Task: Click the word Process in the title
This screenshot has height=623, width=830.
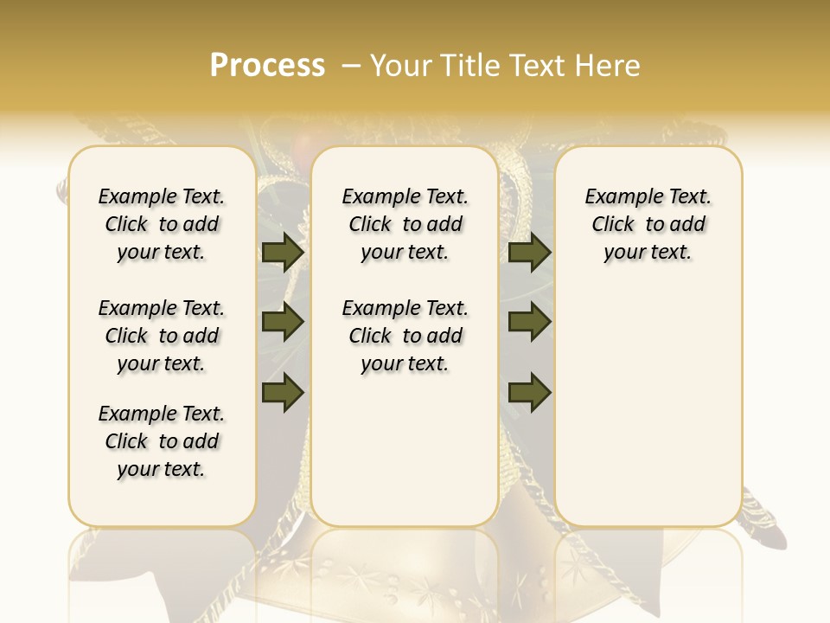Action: click(267, 66)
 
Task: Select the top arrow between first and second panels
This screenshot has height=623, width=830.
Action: click(283, 253)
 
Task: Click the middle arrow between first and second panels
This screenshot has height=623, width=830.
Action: click(283, 322)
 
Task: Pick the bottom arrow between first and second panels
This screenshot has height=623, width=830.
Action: click(283, 392)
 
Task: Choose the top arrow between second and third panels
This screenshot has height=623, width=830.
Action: click(529, 253)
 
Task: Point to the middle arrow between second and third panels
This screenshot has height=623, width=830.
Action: click(529, 322)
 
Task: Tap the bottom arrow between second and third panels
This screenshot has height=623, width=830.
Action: click(529, 392)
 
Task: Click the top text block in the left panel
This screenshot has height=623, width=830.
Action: click(162, 224)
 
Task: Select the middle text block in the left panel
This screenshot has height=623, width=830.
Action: click(162, 336)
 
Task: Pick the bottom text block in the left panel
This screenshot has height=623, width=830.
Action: click(162, 441)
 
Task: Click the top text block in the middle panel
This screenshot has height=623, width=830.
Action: click(405, 224)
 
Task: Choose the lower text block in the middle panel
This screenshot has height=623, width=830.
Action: click(405, 336)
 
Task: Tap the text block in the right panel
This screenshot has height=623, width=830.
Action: click(648, 224)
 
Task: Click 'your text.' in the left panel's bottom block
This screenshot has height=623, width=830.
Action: click(162, 469)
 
